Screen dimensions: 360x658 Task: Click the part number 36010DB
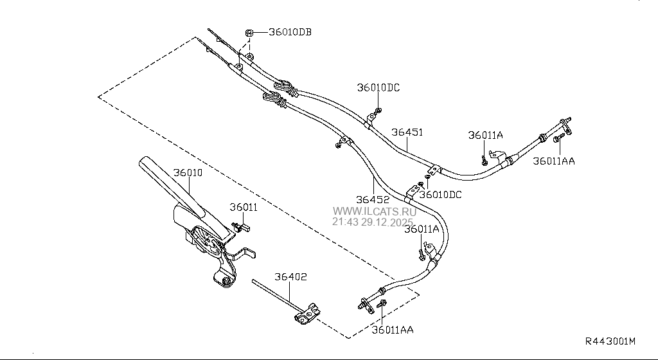click(290, 32)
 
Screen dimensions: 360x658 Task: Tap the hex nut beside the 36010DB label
click(250, 32)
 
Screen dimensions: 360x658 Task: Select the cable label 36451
click(407, 132)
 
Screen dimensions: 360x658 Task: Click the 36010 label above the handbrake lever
click(188, 173)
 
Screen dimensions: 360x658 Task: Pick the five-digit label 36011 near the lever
click(244, 208)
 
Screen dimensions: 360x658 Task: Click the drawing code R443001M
click(609, 341)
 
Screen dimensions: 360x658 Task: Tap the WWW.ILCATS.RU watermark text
click(374, 211)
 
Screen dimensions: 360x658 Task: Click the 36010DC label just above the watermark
click(440, 194)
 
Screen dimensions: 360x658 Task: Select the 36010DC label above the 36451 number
click(378, 87)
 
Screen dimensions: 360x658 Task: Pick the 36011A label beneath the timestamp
click(422, 230)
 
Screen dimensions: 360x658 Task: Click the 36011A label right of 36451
click(485, 135)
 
